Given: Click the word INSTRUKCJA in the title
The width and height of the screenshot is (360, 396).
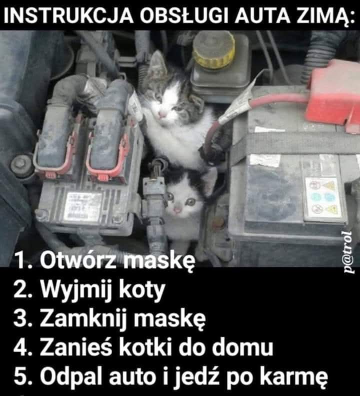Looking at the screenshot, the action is [x=68, y=16].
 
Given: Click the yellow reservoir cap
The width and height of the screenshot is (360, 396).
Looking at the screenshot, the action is [x=213, y=50].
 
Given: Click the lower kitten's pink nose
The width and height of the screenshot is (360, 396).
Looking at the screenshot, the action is [x=178, y=209].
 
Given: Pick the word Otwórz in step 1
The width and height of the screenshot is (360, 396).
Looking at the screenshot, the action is [x=78, y=260].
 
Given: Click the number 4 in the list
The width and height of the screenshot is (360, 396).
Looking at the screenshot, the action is [x=21, y=347].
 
